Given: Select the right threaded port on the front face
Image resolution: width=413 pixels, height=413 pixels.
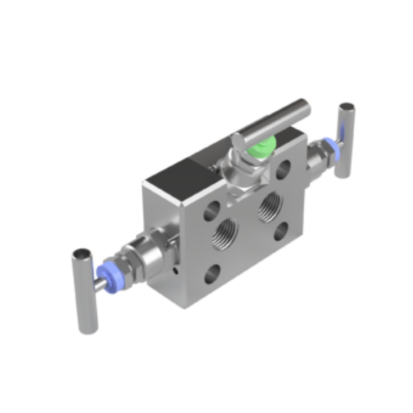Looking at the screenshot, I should pos(271,206).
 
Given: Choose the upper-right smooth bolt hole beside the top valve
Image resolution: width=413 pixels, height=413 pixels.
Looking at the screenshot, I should pos(284,169).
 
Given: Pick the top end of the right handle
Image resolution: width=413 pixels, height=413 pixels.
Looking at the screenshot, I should pos(347,108).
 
